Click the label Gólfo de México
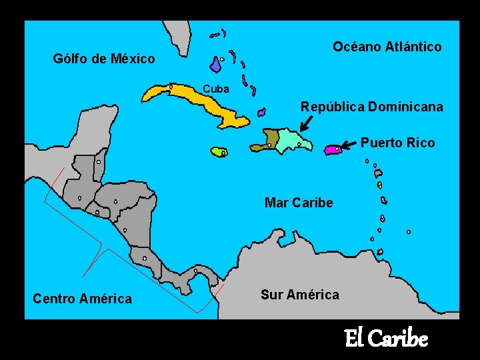point(103,59)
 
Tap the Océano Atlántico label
point(387,46)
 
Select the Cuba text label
point(216,89)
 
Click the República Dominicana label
point(371,107)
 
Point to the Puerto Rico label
point(397,143)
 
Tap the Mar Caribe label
point(298,203)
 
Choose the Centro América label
point(82,299)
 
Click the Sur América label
point(299,295)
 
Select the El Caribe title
point(385,339)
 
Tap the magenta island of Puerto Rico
point(333,150)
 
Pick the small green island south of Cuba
point(219,152)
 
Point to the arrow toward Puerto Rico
point(349,144)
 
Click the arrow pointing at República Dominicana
point(306,123)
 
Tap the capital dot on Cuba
point(171,86)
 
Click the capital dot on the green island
point(223,153)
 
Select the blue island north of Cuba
point(216,64)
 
